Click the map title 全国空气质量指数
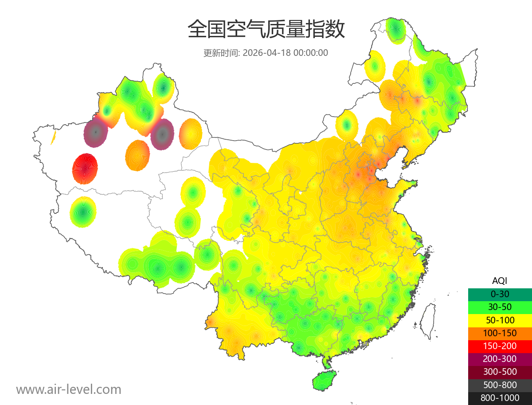[x=266, y=30]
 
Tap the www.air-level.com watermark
[x=69, y=389]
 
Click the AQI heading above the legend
[x=500, y=280]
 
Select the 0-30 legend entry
[x=500, y=294]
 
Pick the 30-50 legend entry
[x=500, y=307]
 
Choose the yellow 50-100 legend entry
[x=500, y=320]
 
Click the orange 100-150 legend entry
[x=500, y=333]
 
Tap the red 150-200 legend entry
[x=500, y=346]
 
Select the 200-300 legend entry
[x=500, y=359]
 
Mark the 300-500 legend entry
[x=500, y=372]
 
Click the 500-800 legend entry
[x=500, y=385]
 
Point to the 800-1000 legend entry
[x=500, y=398]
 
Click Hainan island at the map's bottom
[x=324, y=381]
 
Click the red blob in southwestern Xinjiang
[x=85, y=169]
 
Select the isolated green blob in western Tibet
[x=83, y=212]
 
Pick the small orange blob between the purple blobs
[x=137, y=155]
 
